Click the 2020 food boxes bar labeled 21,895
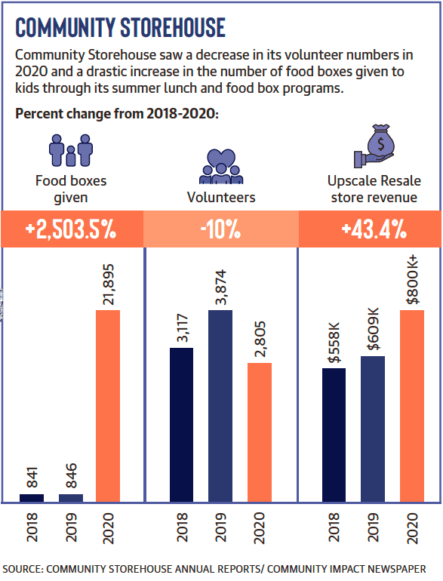click(x=108, y=406)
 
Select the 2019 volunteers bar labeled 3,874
click(x=220, y=406)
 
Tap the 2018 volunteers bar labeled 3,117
click(x=181, y=425)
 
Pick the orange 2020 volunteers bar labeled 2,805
click(x=260, y=432)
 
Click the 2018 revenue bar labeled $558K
click(x=334, y=435)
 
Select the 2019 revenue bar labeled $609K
click(x=373, y=429)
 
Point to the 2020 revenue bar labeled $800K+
click(x=412, y=406)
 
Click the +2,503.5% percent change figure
click(x=71, y=229)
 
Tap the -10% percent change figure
click(x=220, y=229)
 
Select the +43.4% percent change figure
click(x=374, y=229)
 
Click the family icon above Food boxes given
click(x=71, y=150)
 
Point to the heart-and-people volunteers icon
click(x=221, y=166)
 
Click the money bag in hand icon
click(x=374, y=146)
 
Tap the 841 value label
click(x=32, y=478)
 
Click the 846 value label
click(x=71, y=475)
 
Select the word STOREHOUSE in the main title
click(x=173, y=27)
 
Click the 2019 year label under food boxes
click(x=71, y=527)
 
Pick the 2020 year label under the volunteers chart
click(x=259, y=528)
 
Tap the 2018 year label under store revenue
click(x=334, y=527)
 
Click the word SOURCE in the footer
click(x=23, y=569)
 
